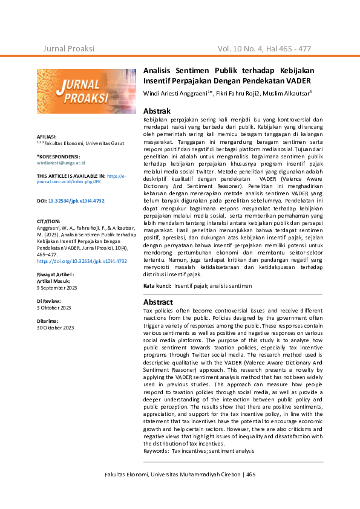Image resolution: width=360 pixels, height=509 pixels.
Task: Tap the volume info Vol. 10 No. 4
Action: pyautogui.click(x=245, y=48)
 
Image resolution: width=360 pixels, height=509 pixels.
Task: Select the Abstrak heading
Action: pyautogui.click(x=157, y=111)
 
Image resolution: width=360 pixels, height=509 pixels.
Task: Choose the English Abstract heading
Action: pyautogui.click(x=158, y=302)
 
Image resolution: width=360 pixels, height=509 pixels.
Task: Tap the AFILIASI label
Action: pyautogui.click(x=47, y=137)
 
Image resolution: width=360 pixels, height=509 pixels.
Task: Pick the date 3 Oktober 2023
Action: pyautogui.click(x=54, y=308)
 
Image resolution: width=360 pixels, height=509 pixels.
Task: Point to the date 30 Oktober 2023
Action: pyautogui.click(x=56, y=328)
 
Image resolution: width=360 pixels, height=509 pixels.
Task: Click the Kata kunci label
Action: pyautogui.click(x=156, y=285)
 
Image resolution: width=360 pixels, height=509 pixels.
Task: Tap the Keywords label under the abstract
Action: pyautogui.click(x=157, y=451)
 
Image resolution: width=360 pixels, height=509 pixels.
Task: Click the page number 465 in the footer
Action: pyautogui.click(x=251, y=475)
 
